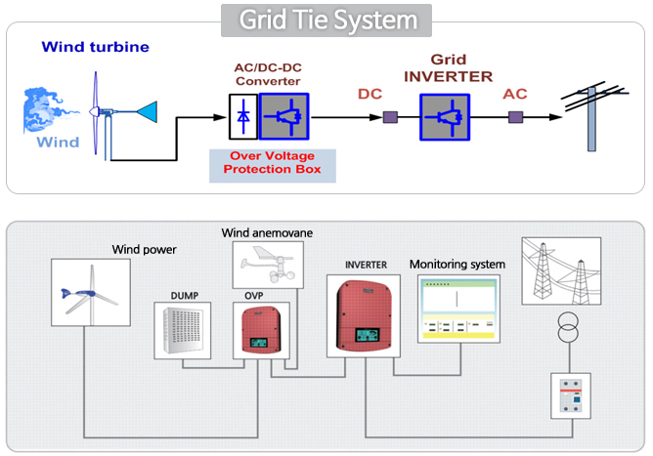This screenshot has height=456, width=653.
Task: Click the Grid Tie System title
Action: tap(327, 19)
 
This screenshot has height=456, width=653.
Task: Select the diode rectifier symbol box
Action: tap(242, 116)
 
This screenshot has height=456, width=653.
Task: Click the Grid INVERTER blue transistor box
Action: tap(447, 116)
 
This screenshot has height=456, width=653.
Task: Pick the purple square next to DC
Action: tap(389, 117)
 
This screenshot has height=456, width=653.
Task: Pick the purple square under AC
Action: tap(515, 117)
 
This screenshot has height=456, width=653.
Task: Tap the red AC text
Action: tap(515, 95)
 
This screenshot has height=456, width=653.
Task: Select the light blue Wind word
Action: tap(58, 143)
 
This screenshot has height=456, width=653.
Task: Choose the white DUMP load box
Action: tap(183, 329)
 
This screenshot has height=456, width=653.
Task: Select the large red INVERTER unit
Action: tap(363, 317)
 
